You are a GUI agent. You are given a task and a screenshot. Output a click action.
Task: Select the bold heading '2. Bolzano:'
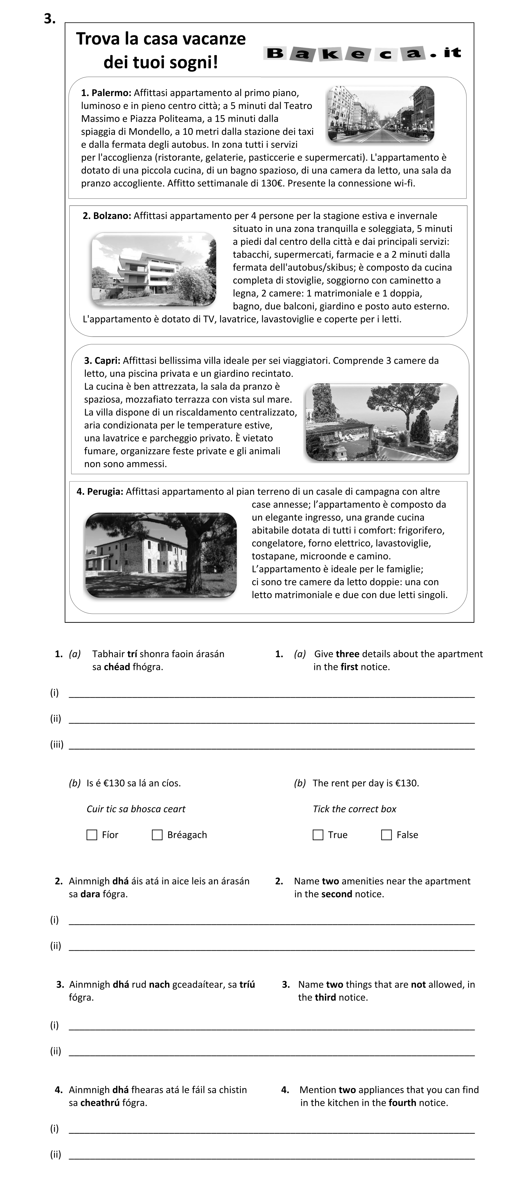(107, 216)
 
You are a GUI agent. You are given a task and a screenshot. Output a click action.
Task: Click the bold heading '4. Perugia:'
(100, 492)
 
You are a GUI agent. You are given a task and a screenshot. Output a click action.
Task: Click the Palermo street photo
(380, 114)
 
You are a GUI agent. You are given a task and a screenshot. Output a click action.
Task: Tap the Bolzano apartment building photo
(153, 269)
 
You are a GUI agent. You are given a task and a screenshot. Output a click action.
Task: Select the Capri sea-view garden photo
(381, 422)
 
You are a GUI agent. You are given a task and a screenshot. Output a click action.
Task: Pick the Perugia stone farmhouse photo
(161, 555)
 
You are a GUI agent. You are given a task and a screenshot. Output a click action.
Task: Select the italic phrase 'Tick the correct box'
(355, 809)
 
